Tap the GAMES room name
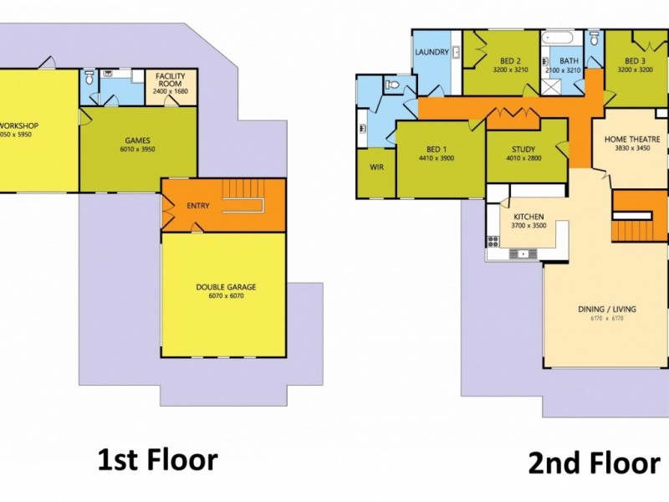(139, 141)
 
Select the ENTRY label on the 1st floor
(198, 206)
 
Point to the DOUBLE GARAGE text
(226, 287)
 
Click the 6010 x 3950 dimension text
(139, 150)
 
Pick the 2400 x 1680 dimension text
(170, 92)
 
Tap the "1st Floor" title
(157, 459)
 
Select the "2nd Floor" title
(594, 463)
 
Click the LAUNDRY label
(432, 52)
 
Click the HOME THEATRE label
(632, 139)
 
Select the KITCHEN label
(529, 215)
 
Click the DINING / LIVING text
(607, 309)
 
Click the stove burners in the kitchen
(493, 242)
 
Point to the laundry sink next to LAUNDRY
(453, 50)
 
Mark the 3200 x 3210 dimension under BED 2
(510, 70)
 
